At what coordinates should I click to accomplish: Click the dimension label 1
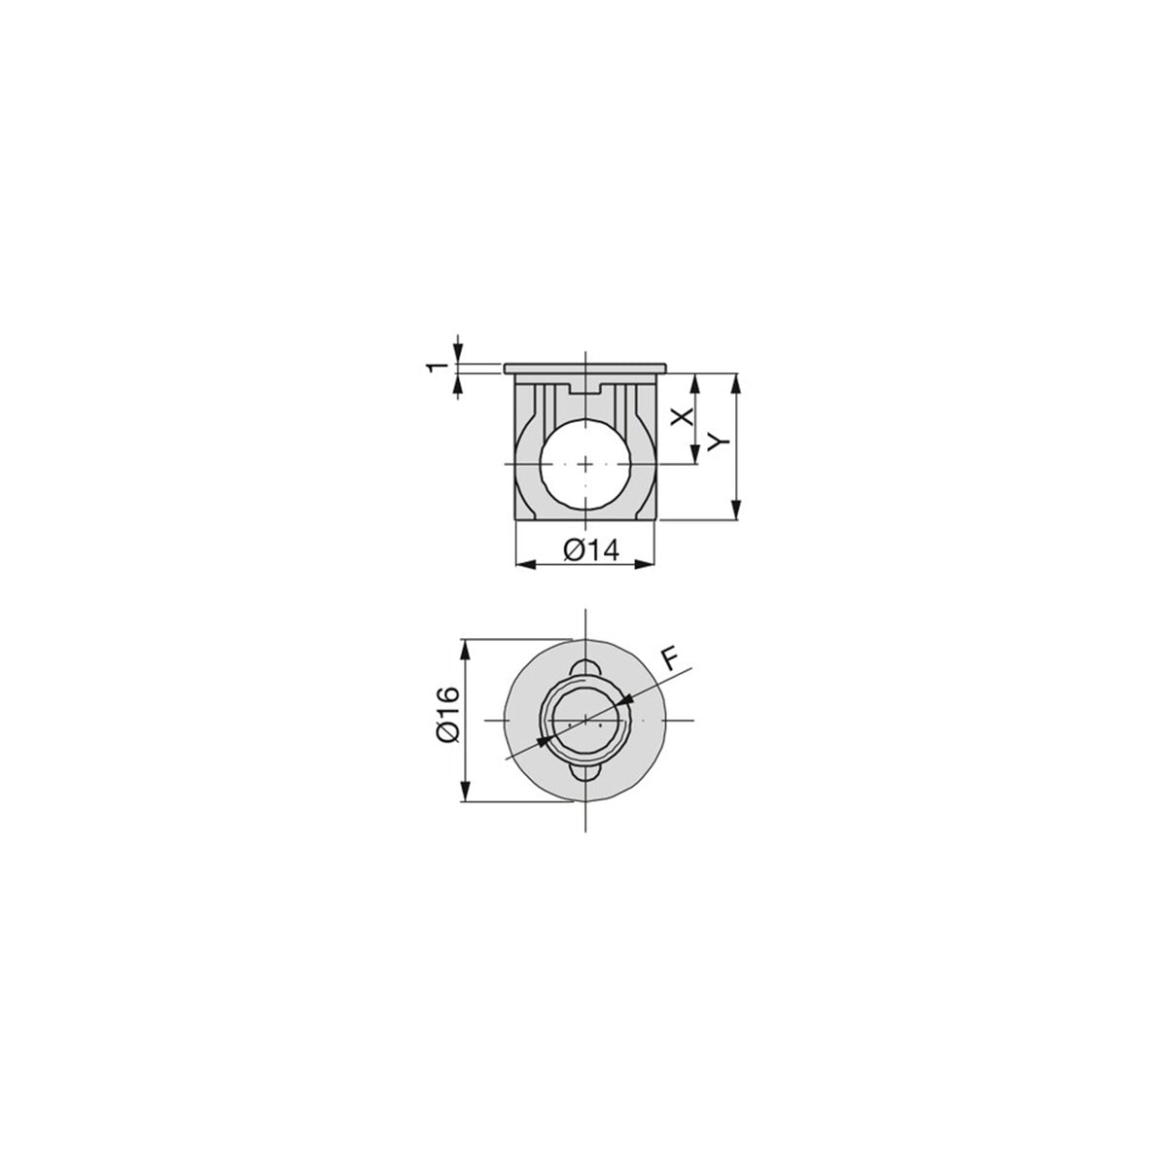(x=436, y=368)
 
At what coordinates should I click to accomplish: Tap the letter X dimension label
(x=683, y=416)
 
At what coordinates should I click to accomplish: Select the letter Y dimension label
(x=719, y=442)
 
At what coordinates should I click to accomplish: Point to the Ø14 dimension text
(x=591, y=550)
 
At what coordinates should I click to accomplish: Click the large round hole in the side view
(x=585, y=463)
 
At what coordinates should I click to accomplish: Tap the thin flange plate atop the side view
(x=585, y=369)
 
